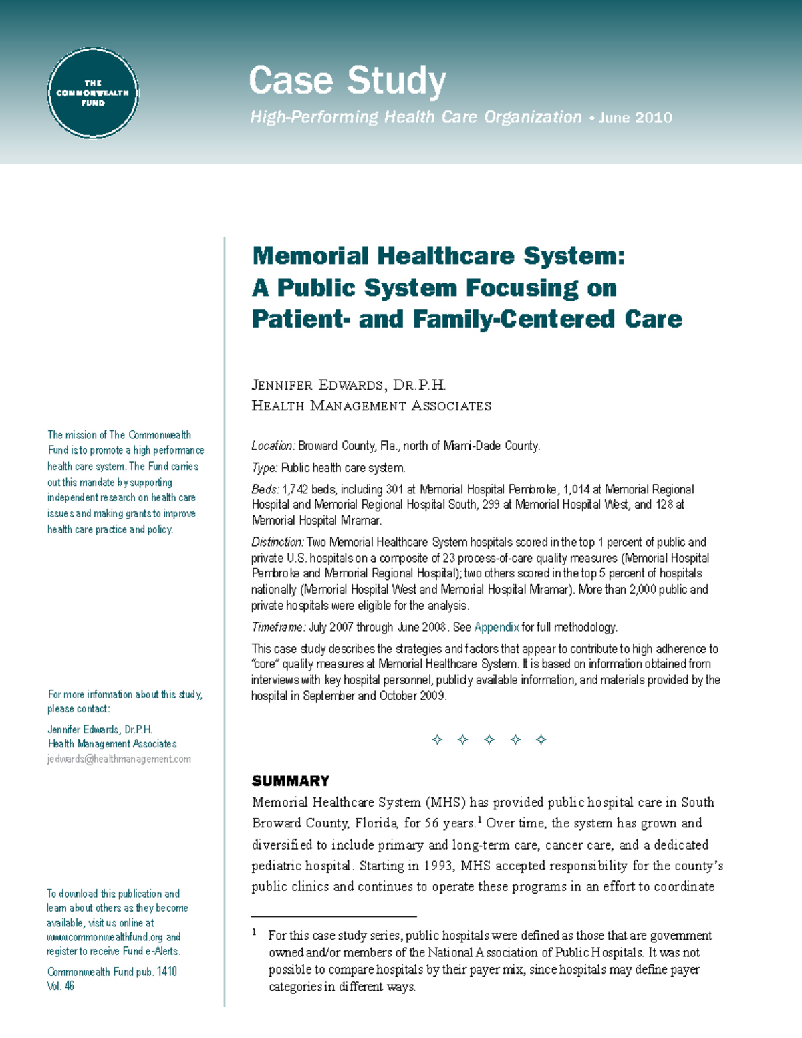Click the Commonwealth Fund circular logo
click(93, 93)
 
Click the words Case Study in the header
click(347, 81)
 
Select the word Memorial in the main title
click(310, 256)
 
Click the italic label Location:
click(273, 446)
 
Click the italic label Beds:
click(265, 489)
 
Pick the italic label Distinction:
click(277, 542)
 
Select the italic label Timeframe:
click(278, 627)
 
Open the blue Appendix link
click(496, 627)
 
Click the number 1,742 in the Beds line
click(295, 489)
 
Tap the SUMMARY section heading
click(291, 781)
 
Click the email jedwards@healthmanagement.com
click(119, 759)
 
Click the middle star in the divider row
click(489, 739)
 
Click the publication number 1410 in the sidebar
click(166, 972)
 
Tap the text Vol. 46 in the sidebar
click(60, 986)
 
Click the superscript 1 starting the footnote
click(254, 932)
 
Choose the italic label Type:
click(264, 468)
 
